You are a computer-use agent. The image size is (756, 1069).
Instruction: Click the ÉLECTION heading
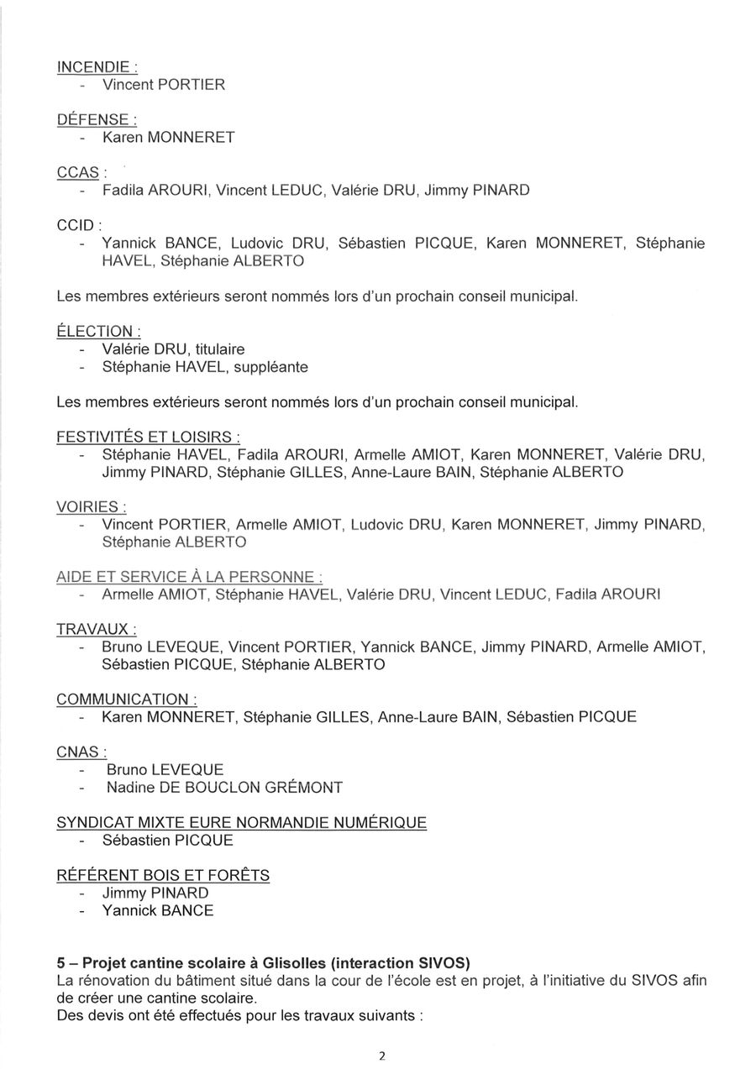[x=97, y=331]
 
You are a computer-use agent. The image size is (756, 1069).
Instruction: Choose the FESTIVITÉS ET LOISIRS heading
[x=148, y=437]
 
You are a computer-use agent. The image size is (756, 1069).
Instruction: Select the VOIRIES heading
[x=91, y=507]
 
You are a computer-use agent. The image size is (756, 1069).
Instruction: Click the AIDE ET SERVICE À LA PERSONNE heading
[x=189, y=577]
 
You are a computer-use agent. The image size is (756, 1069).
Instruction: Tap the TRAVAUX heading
[x=97, y=629]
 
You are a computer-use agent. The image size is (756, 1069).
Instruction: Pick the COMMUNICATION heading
[x=127, y=700]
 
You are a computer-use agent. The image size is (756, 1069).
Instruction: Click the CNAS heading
[x=81, y=752]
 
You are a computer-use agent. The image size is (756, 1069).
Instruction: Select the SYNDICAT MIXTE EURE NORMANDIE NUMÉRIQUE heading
[x=241, y=822]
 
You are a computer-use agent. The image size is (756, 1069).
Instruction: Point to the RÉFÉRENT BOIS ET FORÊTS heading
[x=163, y=875]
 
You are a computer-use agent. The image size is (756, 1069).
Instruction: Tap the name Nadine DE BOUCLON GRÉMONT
[x=224, y=788]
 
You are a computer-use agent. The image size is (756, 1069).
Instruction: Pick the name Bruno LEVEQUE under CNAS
[x=165, y=769]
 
